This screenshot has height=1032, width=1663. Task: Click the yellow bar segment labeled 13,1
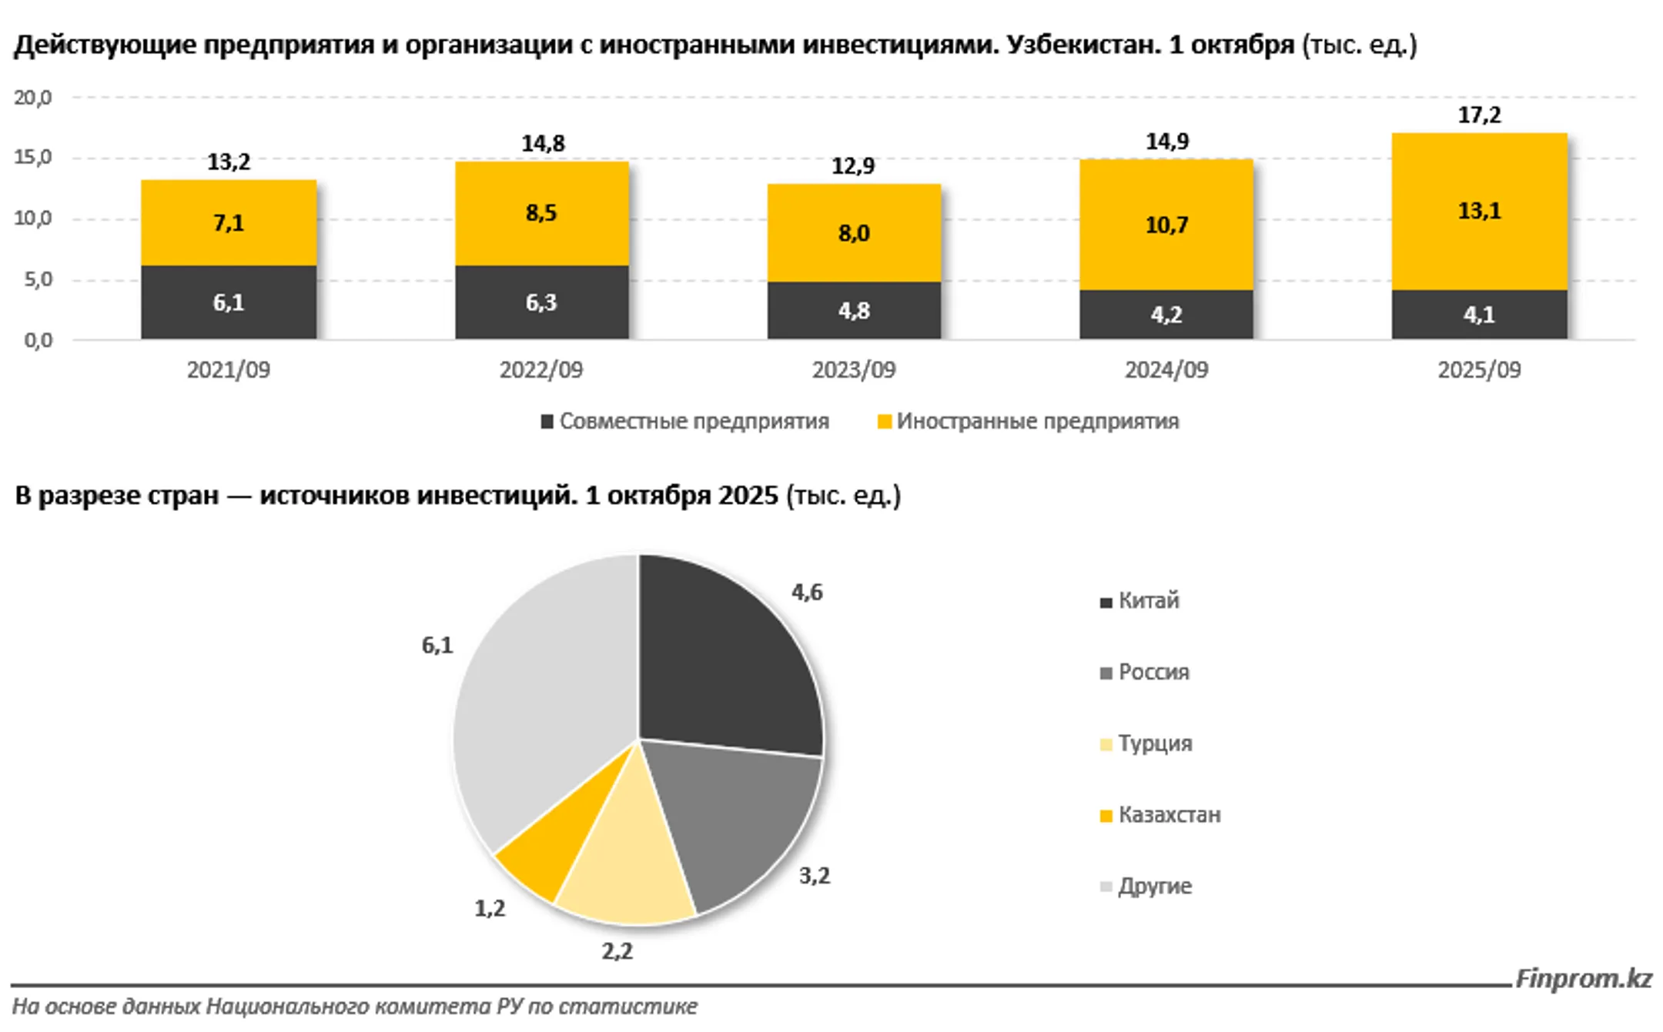coord(1478,212)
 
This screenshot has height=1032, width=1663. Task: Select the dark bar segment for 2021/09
coord(229,302)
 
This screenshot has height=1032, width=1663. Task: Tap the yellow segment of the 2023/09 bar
coord(854,232)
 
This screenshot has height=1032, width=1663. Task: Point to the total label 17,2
coord(1479,115)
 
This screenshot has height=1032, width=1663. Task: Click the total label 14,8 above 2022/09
coord(543,144)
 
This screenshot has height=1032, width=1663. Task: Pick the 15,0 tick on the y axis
coord(32,158)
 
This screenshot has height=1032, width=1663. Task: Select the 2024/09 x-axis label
coord(1166,370)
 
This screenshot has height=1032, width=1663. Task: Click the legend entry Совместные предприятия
coord(685,422)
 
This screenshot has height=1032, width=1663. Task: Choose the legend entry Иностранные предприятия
coord(1029,422)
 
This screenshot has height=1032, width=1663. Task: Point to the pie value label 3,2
coord(815,876)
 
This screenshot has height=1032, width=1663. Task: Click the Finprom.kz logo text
coord(1584,979)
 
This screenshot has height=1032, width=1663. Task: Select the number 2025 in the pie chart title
coord(748,496)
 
